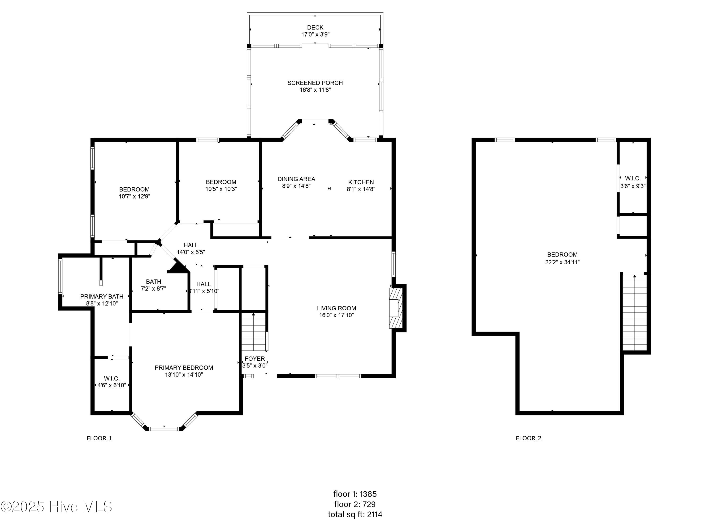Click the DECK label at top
(315, 28)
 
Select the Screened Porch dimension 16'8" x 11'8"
(315, 90)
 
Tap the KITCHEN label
(361, 182)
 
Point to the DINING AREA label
(296, 179)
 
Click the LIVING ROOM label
(336, 308)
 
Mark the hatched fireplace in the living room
(396, 308)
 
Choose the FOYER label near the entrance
(255, 359)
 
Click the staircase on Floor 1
(254, 333)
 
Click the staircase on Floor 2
(634, 314)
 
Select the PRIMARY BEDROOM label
(184, 368)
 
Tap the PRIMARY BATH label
(102, 297)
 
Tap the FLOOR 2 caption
(528, 438)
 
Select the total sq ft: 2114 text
(355, 514)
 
